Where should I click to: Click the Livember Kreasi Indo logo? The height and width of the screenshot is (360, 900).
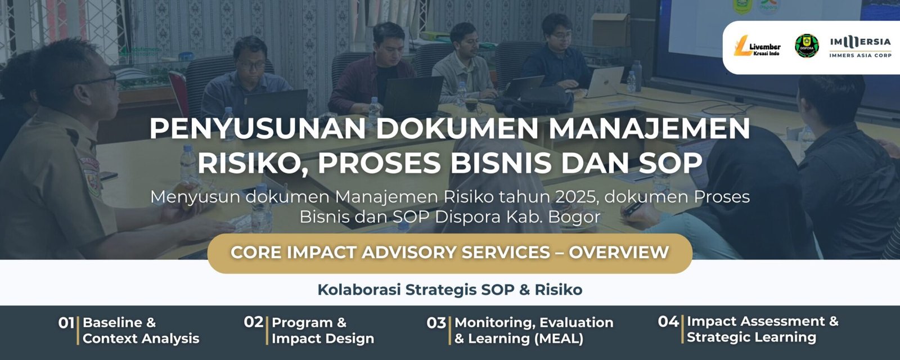click(x=757, y=48)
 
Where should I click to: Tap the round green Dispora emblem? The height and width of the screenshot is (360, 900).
click(x=807, y=46)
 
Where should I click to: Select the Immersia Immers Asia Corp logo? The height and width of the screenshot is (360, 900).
click(x=860, y=47)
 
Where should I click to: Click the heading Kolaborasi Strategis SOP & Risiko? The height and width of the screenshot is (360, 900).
click(x=449, y=290)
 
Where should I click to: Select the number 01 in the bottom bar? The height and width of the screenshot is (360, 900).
click(x=66, y=323)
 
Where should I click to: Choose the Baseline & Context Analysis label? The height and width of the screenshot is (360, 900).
click(x=141, y=330)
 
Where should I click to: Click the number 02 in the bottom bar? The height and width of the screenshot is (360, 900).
click(x=253, y=322)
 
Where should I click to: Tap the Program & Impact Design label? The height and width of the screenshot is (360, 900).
click(x=322, y=330)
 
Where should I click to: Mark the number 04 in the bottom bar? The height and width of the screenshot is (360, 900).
click(x=668, y=321)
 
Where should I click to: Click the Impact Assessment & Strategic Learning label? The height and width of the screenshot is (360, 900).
click(x=762, y=329)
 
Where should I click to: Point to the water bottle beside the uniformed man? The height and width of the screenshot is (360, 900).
click(x=187, y=163)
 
